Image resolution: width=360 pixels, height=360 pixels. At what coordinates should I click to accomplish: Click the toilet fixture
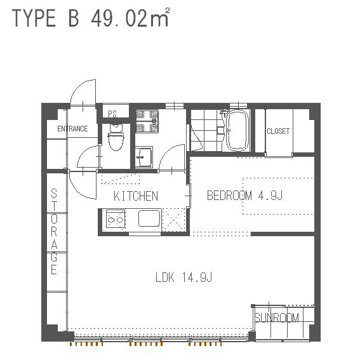tap(116, 137)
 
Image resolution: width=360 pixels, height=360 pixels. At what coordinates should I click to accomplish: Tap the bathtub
tap(237, 130)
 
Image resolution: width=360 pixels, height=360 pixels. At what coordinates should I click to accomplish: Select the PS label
tap(112, 114)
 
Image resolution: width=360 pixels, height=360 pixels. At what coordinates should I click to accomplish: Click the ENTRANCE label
tap(72, 128)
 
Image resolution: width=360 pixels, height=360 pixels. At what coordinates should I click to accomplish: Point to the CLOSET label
tap(278, 131)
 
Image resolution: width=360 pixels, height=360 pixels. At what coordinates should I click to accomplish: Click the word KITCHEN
tap(136, 196)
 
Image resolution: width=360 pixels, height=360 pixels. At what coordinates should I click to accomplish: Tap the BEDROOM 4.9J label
tap(244, 196)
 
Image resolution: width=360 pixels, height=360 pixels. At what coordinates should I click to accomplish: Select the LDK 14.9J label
tap(183, 277)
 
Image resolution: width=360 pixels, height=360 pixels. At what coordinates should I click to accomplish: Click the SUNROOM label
tap(277, 317)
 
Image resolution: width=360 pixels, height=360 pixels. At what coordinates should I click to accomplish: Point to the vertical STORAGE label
tap(54, 231)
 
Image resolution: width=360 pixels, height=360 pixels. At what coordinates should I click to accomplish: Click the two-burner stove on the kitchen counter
tap(116, 220)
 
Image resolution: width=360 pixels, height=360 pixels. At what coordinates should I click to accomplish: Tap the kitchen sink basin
tap(149, 218)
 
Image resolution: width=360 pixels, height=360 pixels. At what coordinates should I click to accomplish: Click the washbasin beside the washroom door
tap(143, 157)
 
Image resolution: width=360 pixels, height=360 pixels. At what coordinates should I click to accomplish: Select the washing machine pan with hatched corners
tap(147, 121)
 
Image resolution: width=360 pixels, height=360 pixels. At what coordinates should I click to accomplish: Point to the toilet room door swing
tap(88, 157)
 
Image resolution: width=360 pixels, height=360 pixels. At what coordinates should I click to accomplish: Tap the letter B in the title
tap(74, 18)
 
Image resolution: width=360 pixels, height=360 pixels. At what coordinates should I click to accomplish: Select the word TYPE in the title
tap(34, 18)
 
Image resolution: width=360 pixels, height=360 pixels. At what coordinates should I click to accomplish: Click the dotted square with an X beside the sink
tap(173, 220)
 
